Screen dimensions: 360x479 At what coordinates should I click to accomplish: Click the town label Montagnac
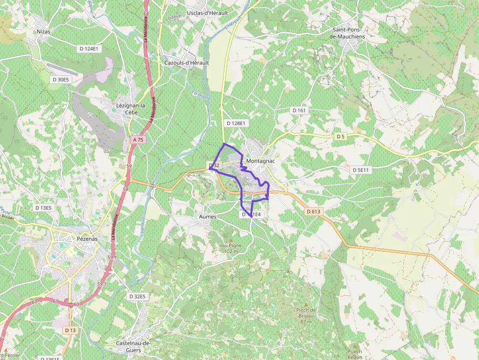pos(262,161)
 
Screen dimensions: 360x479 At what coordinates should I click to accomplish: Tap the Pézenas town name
pos(87,239)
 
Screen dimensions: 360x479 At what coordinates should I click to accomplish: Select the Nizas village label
pos(44,31)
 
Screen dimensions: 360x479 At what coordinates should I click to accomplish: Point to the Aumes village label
pos(208,216)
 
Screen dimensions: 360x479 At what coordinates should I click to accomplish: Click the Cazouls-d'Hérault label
pos(187,63)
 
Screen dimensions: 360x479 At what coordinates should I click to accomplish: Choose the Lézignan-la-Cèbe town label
pos(131,109)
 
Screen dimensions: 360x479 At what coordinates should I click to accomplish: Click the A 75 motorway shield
pos(138,140)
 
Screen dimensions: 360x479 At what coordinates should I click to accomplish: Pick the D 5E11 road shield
pos(362,170)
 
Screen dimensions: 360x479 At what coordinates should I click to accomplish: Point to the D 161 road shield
pos(299,110)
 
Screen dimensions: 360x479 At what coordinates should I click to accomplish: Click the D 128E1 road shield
pos(236,124)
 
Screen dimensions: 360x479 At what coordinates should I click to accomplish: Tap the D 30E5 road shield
pos(62,79)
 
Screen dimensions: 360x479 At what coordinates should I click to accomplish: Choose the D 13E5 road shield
pos(43,208)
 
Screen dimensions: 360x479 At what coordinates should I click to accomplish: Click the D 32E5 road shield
pos(137,296)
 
